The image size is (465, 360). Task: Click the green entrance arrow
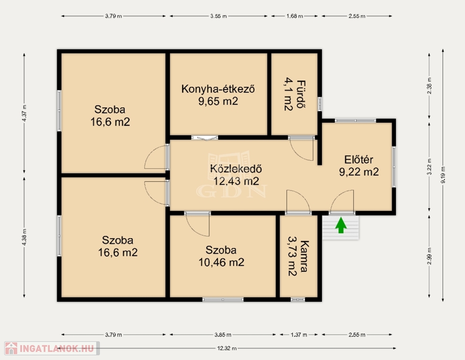(x=341, y=225)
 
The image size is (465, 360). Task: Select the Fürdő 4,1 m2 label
(x=295, y=94)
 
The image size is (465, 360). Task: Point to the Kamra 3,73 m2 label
(x=298, y=256)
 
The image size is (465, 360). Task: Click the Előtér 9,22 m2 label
(x=359, y=165)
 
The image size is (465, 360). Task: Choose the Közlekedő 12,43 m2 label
(x=236, y=175)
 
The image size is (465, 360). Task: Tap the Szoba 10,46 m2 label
(x=221, y=256)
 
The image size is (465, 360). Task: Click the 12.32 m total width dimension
(x=227, y=348)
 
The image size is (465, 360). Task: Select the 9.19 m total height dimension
(x=443, y=175)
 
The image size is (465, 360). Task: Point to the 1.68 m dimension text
(x=295, y=16)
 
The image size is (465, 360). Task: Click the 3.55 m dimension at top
(x=219, y=16)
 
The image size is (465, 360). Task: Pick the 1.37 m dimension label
(x=299, y=335)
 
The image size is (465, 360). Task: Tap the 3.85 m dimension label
(x=223, y=335)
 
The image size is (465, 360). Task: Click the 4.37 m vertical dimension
(x=24, y=113)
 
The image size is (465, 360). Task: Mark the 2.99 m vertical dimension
(x=429, y=256)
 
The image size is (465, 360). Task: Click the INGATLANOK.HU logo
(x=52, y=348)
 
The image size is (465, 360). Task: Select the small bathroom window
(x=320, y=104)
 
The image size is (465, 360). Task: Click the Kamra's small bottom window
(x=298, y=300)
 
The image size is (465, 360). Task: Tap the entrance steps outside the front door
(x=341, y=227)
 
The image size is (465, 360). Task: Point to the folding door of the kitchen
(x=205, y=137)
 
